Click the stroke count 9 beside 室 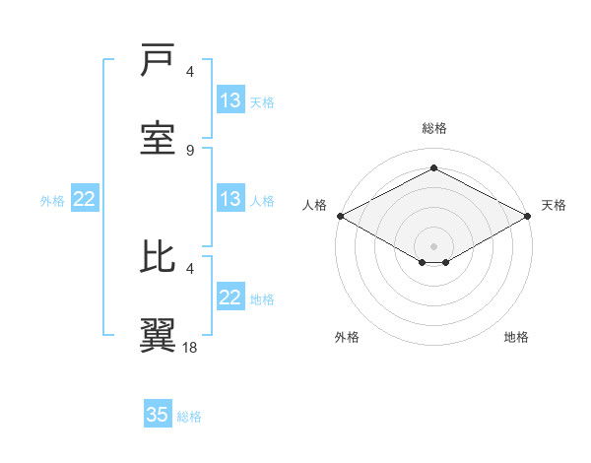[190, 150]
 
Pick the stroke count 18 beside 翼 [190, 347]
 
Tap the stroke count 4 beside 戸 [190, 72]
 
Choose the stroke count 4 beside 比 [190, 267]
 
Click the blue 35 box [158, 415]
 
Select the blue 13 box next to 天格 [230, 100]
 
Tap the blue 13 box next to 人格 [230, 199]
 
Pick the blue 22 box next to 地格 [230, 298]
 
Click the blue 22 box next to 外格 [85, 199]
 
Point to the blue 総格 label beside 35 [189, 417]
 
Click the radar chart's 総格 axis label [433, 128]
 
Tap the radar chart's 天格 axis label [554, 205]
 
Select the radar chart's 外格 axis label [347, 337]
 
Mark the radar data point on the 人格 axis [339, 216]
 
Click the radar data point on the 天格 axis [529, 216]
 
